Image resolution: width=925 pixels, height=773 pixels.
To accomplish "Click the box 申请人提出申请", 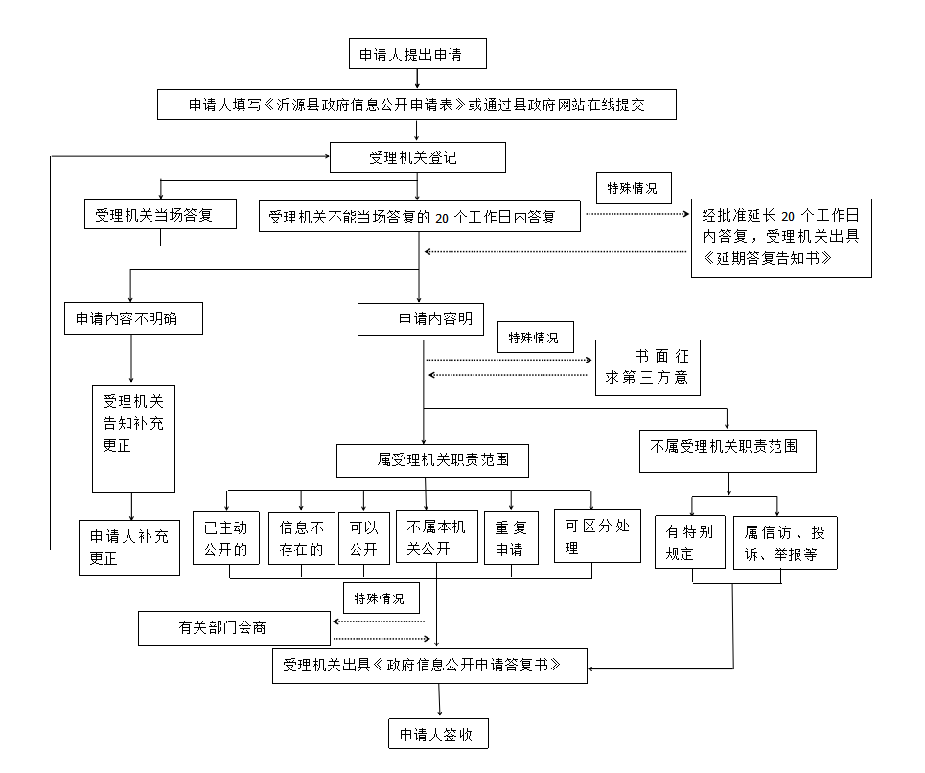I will point(417,55).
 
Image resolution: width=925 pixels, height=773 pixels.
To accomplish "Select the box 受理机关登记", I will point(416,157).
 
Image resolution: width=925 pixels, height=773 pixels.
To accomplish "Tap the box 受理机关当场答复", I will point(160,216).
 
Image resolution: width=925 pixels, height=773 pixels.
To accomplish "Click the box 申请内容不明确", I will point(133,319).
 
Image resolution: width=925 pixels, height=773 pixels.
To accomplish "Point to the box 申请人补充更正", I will point(129,548).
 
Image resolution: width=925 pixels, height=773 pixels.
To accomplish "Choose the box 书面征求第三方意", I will point(647,366).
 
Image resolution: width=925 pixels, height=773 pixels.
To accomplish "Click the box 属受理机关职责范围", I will point(433,460).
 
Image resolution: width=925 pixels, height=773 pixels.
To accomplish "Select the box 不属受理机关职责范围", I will point(728,447).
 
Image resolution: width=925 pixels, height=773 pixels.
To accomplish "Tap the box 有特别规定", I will point(689,543).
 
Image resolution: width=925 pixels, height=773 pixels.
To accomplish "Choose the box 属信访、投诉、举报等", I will point(785,543).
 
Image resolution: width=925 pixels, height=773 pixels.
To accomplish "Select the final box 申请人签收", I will point(438,735).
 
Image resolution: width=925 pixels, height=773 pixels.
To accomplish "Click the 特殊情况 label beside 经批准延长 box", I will point(633,186).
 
